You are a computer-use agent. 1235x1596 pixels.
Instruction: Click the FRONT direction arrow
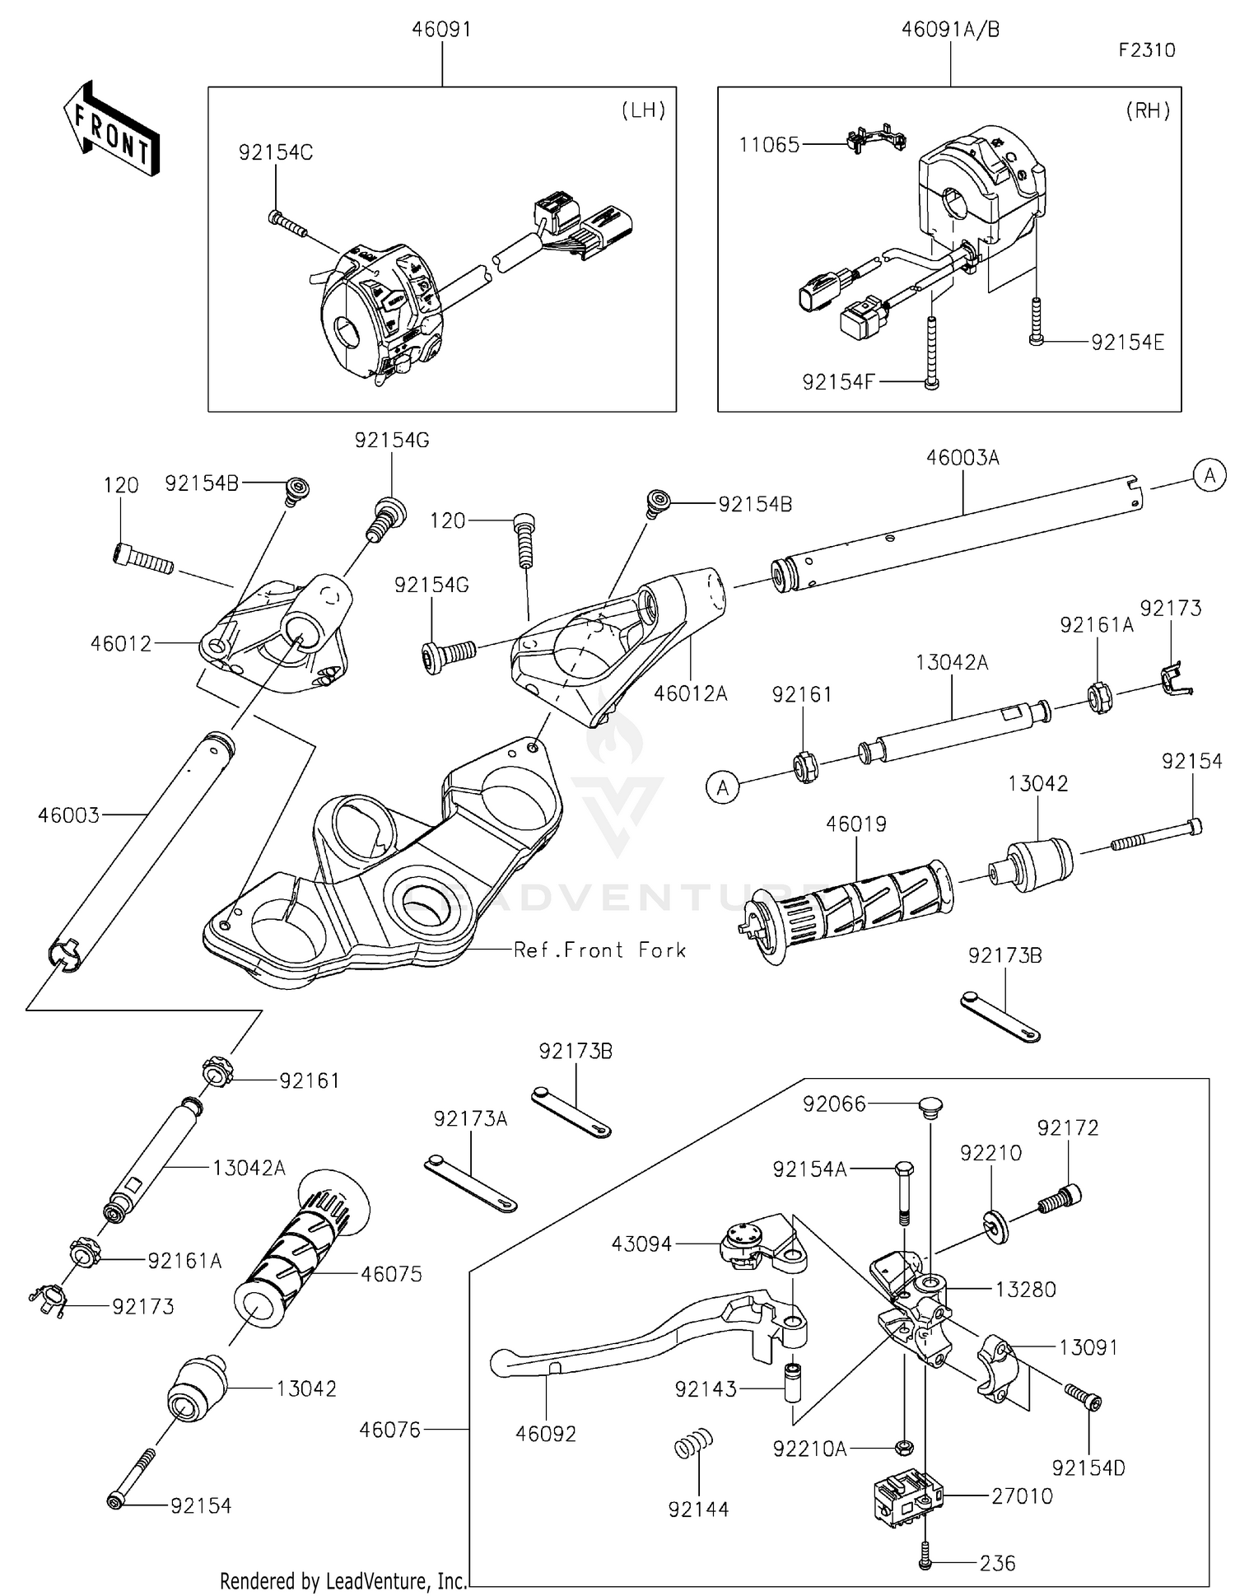pos(110,128)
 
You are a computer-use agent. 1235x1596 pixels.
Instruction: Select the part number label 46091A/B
pos(950,30)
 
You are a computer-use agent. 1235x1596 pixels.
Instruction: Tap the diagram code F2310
pos(1147,50)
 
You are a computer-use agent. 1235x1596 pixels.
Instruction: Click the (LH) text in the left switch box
pos(643,110)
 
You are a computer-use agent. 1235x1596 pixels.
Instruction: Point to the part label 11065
pos(769,145)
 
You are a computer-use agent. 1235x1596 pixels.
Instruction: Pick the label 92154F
pos(838,381)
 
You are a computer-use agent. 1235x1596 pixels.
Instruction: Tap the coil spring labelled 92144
pos(693,1444)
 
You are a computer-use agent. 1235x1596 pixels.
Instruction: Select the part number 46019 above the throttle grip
pos(856,824)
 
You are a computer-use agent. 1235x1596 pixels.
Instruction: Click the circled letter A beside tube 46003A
pos(1209,475)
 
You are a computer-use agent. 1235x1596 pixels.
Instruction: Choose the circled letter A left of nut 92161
pos(722,788)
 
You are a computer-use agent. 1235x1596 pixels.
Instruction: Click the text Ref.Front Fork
pos(599,950)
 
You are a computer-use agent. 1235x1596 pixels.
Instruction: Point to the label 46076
pos(389,1430)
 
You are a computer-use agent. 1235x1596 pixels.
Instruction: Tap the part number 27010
pos(1022,1496)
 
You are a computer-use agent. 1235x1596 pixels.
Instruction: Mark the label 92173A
pos(470,1118)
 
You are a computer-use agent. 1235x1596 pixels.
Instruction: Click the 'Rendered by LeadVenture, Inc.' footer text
pos(343,1581)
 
